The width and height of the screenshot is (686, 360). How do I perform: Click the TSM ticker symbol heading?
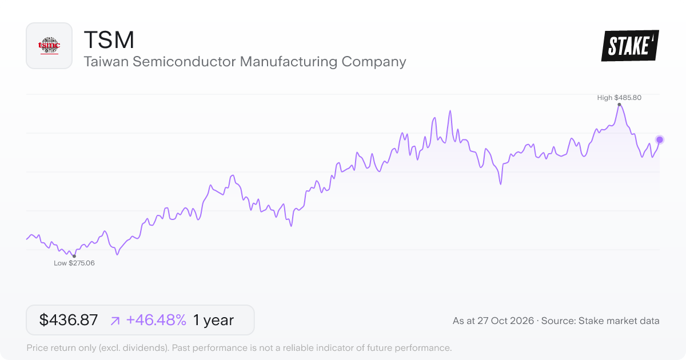click(x=109, y=40)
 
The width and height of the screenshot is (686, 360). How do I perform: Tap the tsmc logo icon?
click(x=49, y=46)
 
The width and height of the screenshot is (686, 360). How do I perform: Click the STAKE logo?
click(x=630, y=46)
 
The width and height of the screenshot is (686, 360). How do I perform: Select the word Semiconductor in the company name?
click(x=184, y=62)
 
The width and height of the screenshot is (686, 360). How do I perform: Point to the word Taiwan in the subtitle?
click(x=106, y=62)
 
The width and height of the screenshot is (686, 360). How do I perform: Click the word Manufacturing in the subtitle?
click(x=289, y=62)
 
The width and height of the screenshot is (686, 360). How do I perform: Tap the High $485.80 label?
click(x=619, y=98)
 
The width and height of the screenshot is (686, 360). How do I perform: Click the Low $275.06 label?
click(x=74, y=263)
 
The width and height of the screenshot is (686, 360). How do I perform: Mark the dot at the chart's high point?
click(x=619, y=105)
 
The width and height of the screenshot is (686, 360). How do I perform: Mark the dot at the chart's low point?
click(x=74, y=256)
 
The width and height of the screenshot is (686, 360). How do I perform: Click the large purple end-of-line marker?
click(x=660, y=140)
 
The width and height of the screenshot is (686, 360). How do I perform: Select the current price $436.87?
click(x=68, y=320)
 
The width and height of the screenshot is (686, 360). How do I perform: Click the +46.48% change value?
click(x=156, y=320)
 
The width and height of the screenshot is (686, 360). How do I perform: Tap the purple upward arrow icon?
click(x=115, y=321)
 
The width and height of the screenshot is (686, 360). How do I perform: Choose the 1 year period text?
click(x=213, y=320)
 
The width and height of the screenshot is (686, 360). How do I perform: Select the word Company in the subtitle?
click(x=374, y=62)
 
